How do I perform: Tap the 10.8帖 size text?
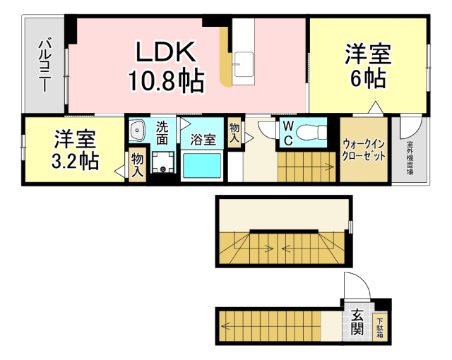(166, 81)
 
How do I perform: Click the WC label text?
(288, 132)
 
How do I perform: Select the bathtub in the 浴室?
(202, 167)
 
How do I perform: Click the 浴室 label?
(203, 139)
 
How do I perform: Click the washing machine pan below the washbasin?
(162, 167)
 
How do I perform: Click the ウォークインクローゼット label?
(364, 149)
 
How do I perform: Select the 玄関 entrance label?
(357, 322)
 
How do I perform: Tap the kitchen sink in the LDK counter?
(244, 61)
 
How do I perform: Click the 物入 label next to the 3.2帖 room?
(137, 164)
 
